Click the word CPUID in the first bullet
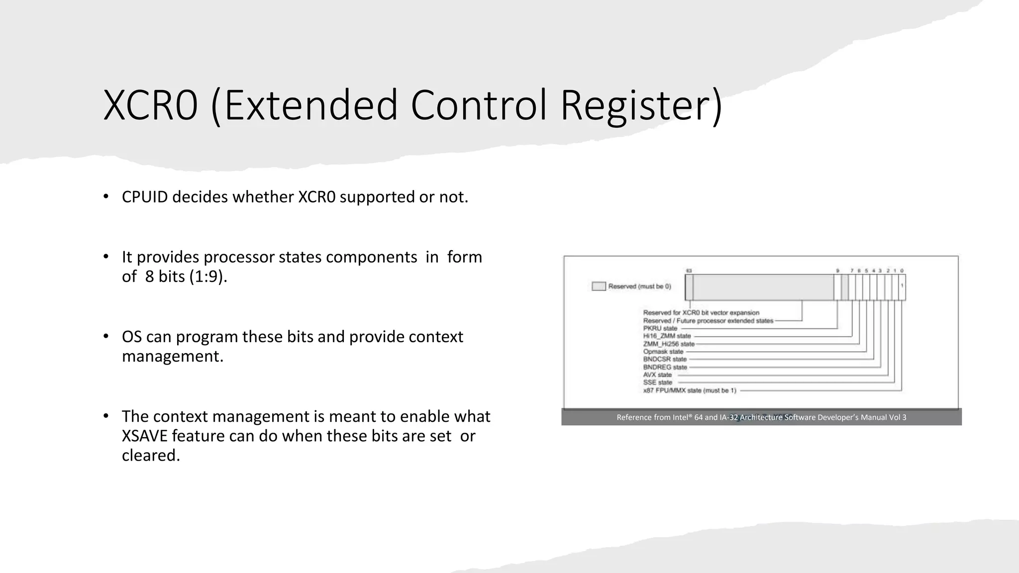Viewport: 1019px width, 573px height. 145,197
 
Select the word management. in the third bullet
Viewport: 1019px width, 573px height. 172,357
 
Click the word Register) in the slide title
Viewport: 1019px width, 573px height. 641,105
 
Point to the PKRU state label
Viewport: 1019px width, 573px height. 660,328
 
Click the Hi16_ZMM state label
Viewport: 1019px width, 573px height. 667,336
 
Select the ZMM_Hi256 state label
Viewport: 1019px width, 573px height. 668,344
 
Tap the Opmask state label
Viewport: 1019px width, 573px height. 663,352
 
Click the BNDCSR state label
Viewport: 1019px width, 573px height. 664,359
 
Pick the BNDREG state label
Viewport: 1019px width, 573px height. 665,367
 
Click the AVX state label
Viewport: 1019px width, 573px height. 657,375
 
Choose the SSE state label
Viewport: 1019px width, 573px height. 657,382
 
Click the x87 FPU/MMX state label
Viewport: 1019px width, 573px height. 689,390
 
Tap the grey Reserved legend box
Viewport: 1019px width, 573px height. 599,286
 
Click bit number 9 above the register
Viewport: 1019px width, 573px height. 837,271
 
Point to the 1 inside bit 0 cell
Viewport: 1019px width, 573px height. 902,286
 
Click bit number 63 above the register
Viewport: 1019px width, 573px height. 689,271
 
